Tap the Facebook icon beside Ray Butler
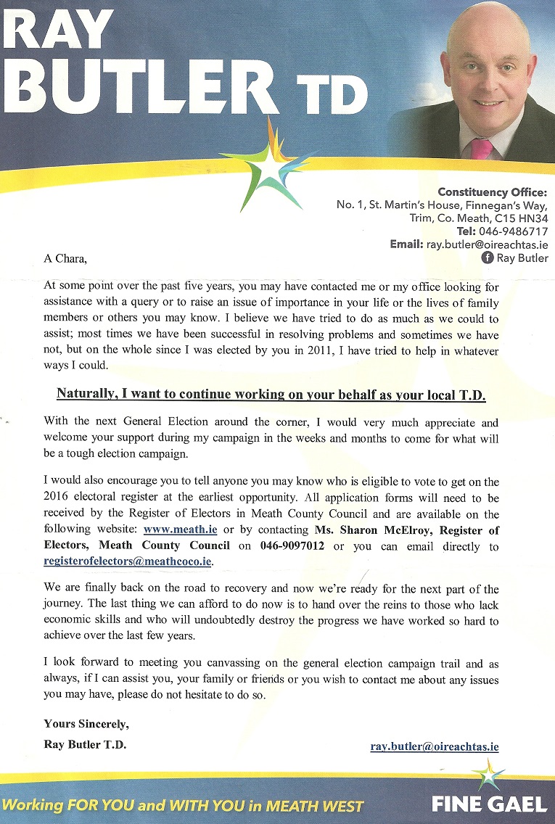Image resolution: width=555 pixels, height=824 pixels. [488, 257]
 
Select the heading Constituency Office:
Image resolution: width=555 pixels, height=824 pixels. [492, 192]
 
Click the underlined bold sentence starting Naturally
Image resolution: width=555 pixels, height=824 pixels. [271, 395]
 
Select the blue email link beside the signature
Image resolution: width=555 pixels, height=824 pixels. [434, 746]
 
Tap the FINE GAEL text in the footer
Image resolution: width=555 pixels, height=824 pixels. [489, 804]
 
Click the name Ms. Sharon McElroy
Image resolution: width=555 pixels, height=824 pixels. [366, 530]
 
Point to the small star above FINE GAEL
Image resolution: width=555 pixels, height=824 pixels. [491, 776]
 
